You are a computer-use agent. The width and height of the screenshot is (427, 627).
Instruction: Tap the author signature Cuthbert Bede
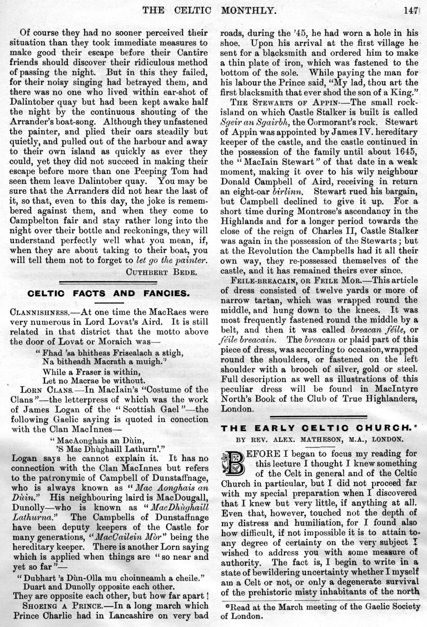point(168,271)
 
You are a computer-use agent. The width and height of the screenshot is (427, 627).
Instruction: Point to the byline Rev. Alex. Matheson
point(321,439)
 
